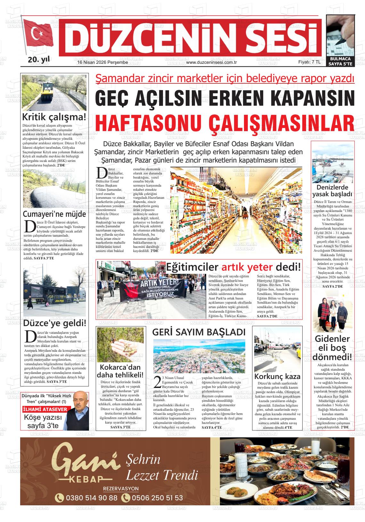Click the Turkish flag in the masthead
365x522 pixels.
(x=39, y=35)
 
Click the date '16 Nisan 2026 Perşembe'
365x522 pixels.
(x=102, y=63)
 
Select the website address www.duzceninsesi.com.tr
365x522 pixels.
(x=211, y=63)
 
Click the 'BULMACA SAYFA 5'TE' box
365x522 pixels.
(x=340, y=62)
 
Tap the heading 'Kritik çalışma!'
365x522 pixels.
(x=54, y=117)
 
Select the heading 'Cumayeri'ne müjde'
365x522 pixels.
(x=54, y=214)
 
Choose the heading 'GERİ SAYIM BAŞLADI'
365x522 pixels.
(x=199, y=332)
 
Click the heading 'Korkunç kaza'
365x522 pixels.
(x=277, y=376)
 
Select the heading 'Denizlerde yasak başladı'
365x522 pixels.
(x=332, y=191)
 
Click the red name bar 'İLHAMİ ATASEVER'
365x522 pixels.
(x=45, y=409)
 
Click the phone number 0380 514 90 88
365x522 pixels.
(x=91, y=498)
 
